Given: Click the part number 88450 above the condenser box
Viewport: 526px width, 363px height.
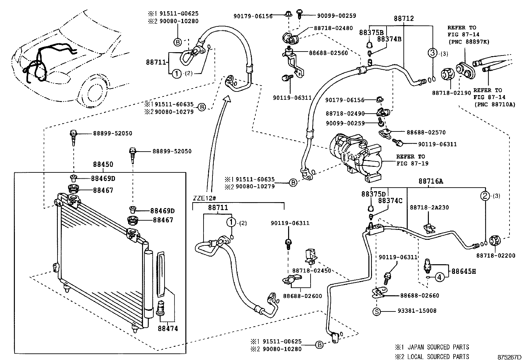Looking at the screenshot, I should [103, 164].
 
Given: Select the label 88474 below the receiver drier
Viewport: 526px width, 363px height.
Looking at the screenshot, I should [168, 328].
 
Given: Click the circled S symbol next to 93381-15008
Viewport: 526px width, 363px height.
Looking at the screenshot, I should [376, 311].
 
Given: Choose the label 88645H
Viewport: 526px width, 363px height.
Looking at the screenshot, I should [464, 272].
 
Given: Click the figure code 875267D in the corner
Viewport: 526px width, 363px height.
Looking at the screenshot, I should [509, 357].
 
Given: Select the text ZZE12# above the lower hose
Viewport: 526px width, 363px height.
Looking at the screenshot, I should [205, 199].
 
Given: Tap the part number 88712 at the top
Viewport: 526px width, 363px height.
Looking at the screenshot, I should [403, 19].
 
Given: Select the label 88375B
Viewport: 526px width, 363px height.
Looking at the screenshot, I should [371, 32].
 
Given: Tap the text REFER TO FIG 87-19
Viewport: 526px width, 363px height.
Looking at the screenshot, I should [410, 160].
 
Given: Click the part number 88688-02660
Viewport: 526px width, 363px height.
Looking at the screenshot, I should [420, 295].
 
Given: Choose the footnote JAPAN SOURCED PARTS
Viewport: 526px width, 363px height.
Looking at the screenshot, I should [438, 347].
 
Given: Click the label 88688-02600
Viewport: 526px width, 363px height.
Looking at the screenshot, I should [302, 296].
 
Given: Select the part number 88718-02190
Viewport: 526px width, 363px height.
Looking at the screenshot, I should [451, 93].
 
